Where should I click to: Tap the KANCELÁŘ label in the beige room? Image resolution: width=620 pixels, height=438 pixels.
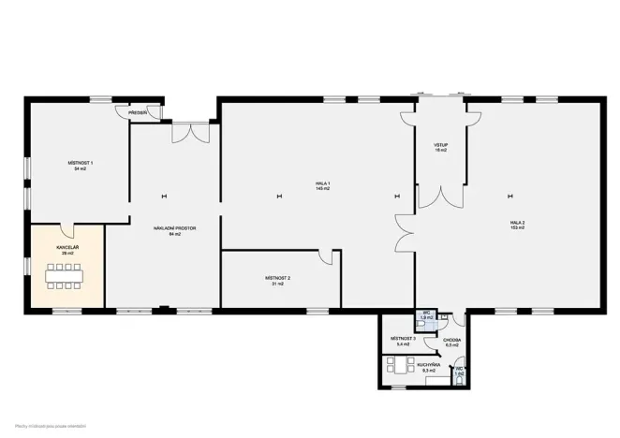pos(66,247)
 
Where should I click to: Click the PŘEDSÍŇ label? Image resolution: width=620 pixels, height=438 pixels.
pos(139,112)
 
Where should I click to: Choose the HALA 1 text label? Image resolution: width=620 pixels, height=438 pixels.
pos(323,182)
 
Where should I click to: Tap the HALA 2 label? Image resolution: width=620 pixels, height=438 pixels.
pos(516,222)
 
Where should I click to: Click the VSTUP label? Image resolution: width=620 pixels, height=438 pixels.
pos(440,145)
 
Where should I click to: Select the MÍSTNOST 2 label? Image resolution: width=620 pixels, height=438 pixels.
pos(278,278)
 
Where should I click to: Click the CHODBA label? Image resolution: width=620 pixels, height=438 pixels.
pos(451,340)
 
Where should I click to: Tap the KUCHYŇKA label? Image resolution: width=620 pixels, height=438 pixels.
pos(429,365)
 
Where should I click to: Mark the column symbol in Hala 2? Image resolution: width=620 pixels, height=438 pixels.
pos(511,196)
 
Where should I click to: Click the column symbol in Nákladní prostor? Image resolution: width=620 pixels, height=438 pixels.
pos(163,196)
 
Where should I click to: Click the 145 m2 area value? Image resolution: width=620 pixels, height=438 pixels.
pos(323,188)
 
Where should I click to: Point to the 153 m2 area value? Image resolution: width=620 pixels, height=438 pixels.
pos(516,227)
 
